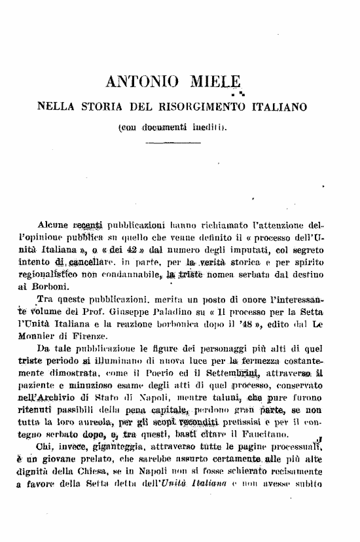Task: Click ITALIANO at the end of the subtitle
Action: (279, 105)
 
